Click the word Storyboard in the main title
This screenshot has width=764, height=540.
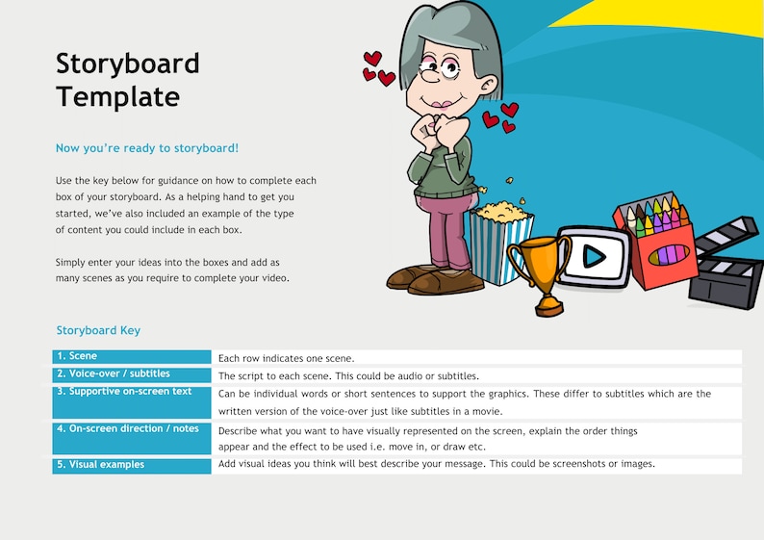(x=128, y=64)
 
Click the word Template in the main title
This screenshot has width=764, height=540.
(x=117, y=97)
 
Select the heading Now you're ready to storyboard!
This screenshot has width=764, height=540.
(x=147, y=148)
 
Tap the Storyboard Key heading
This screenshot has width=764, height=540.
(x=98, y=330)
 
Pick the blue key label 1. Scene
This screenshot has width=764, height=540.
(x=77, y=357)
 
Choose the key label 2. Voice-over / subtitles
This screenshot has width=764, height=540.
(x=113, y=373)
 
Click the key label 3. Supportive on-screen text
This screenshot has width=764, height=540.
(x=124, y=392)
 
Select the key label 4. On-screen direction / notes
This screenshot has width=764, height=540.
(x=128, y=428)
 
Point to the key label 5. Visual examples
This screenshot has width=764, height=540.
(x=100, y=465)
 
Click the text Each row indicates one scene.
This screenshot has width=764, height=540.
(x=287, y=358)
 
